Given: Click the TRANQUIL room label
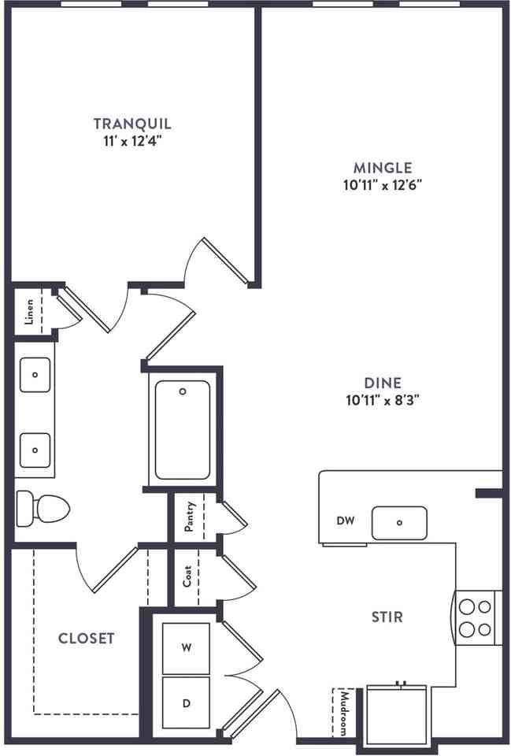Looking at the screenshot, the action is click(x=132, y=124).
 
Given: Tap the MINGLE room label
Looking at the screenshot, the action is click(x=383, y=168).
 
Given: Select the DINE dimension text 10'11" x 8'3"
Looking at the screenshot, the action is click(x=383, y=400).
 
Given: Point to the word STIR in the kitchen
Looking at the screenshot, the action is click(x=387, y=617).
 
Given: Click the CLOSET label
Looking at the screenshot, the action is click(x=87, y=639).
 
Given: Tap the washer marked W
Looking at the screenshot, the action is click(x=186, y=648).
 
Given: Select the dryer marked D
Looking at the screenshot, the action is click(x=186, y=703).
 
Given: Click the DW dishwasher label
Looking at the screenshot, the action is click(x=345, y=521).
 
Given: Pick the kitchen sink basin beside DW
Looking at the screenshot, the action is click(x=399, y=523).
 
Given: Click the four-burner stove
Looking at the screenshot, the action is click(x=478, y=617).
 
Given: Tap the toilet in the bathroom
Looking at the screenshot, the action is click(x=43, y=509).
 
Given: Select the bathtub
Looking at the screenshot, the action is click(x=183, y=430).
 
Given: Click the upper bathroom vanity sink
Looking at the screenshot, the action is click(x=35, y=375).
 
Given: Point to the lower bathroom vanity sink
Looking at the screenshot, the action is click(x=35, y=450).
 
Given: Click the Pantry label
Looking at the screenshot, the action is click(x=190, y=517).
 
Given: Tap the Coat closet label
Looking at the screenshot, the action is click(x=187, y=576).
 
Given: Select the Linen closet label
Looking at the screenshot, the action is click(x=29, y=312).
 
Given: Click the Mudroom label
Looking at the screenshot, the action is click(x=344, y=713).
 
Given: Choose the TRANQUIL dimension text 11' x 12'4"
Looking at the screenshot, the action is click(x=131, y=142).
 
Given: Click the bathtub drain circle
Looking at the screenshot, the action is click(x=183, y=391).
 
